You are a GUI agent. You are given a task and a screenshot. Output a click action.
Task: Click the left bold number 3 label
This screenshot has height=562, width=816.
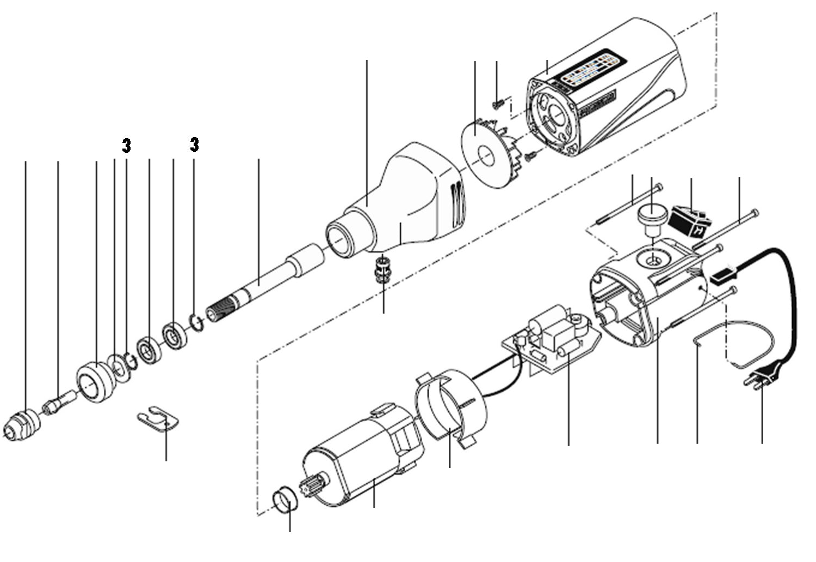[x=126, y=145]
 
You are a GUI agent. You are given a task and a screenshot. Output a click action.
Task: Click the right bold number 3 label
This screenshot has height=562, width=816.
[x=194, y=145]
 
